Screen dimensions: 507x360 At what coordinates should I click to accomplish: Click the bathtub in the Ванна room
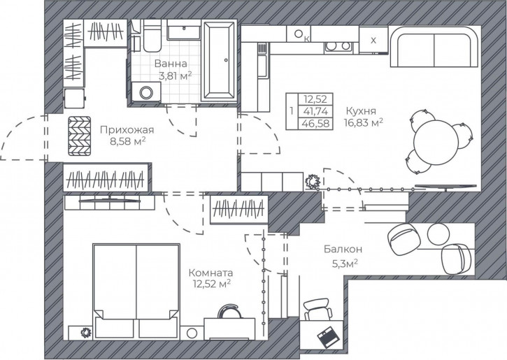point(218,61)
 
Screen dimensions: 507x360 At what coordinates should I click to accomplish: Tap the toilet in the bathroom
point(152,36)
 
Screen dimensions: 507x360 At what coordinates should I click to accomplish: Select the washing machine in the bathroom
point(146,92)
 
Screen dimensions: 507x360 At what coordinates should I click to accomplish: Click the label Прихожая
point(127,130)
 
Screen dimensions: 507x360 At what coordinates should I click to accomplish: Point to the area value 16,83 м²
point(364,122)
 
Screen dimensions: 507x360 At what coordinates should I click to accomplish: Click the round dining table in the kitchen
point(436,143)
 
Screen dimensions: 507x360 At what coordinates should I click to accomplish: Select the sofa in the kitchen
point(434,47)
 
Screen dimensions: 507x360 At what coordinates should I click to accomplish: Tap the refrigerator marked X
point(373,40)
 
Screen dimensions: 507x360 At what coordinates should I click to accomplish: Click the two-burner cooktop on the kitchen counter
point(338,47)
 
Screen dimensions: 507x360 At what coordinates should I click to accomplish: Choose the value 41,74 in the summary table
point(315,111)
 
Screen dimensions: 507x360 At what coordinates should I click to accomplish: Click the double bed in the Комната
point(136,291)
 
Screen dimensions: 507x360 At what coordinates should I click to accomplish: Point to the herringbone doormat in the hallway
point(80,136)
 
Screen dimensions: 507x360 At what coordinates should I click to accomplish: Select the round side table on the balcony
point(438,233)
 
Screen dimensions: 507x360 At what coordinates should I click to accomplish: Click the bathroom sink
point(185,30)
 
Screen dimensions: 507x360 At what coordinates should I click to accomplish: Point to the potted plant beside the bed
point(86,332)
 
